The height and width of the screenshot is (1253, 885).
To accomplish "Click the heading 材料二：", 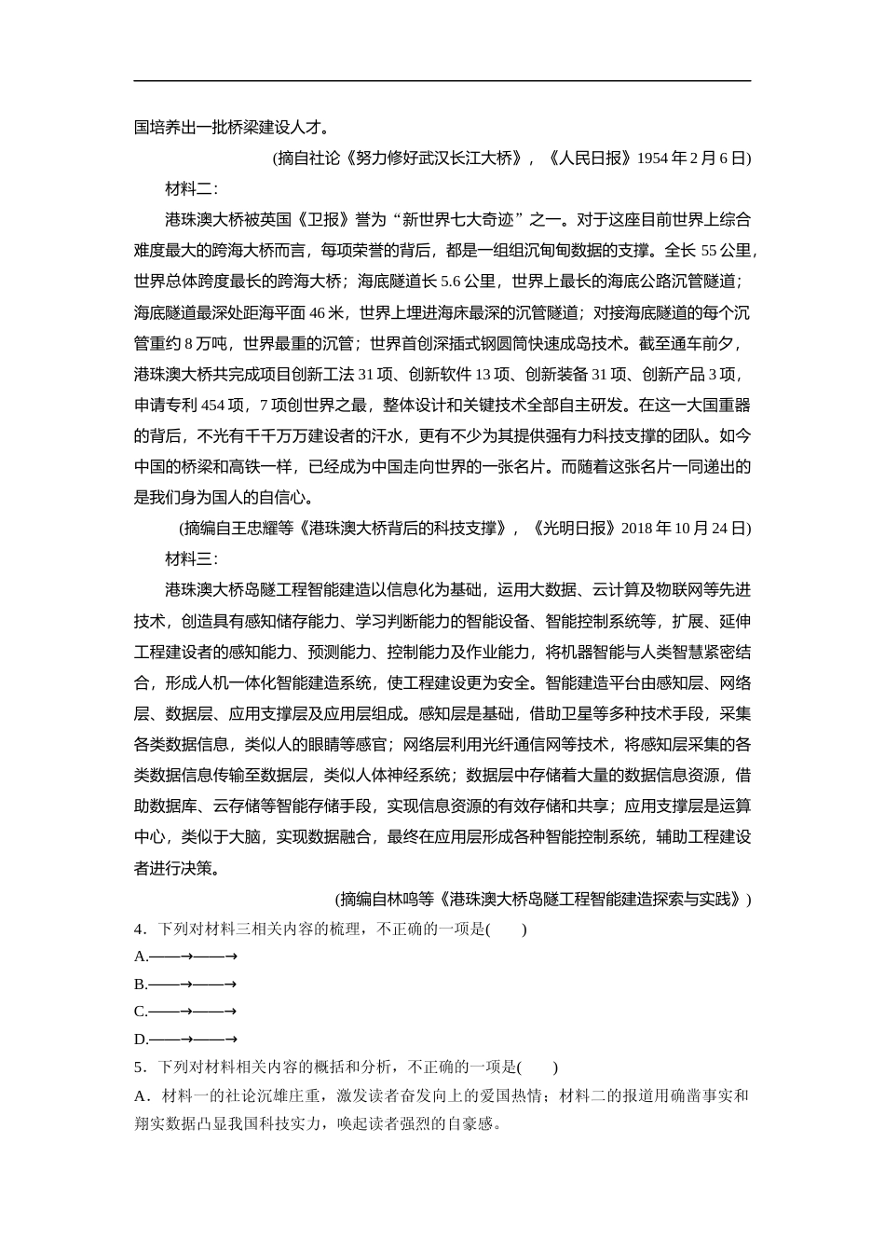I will [x=191, y=189].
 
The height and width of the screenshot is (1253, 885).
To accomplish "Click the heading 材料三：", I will [x=191, y=559].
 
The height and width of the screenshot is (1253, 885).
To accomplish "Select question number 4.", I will [x=142, y=929].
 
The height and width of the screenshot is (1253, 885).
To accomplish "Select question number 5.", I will [x=142, y=1067].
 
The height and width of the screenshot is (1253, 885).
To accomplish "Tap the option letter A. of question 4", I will [x=142, y=957].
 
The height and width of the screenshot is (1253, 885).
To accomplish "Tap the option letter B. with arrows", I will [x=142, y=984].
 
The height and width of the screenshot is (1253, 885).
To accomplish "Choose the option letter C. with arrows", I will [x=142, y=1012].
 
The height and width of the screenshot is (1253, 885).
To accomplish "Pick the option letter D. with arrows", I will [x=142, y=1040].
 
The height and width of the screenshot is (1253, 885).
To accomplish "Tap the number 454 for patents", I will [x=213, y=406].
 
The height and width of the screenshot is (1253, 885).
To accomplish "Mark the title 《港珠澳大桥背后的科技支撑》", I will [x=403, y=529].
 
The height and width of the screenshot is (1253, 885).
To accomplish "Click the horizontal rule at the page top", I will [x=442, y=81].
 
